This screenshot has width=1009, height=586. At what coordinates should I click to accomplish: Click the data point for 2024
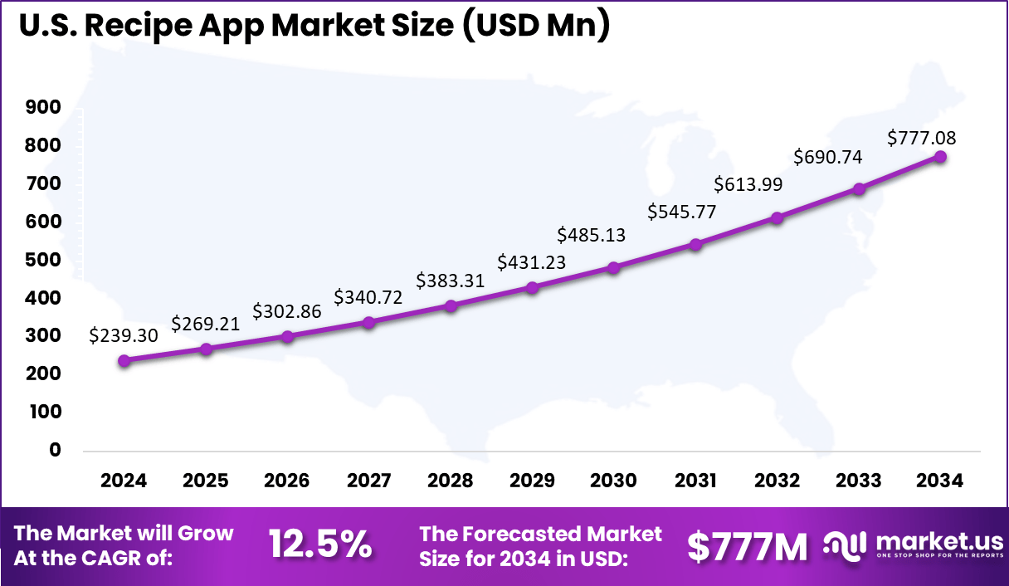coord(124,360)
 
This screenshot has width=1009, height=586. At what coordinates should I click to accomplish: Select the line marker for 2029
coord(533,287)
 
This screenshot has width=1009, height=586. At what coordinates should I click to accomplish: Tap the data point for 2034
coord(940,156)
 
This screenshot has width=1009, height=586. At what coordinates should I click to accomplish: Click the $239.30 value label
coord(124,336)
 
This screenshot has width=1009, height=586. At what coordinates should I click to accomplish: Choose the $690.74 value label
coord(828,156)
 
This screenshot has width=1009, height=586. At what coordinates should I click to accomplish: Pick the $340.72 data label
coord(368,296)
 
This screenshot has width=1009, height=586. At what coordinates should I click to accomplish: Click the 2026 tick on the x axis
coord(287,481)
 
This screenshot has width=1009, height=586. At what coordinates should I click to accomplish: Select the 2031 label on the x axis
coord(695,481)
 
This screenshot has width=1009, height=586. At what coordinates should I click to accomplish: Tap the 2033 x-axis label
coord(859,481)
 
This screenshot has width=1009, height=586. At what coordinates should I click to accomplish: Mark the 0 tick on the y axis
coord(56,450)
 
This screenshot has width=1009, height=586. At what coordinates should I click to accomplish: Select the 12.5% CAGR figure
coord(320,544)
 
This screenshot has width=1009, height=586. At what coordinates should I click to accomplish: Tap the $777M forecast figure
coord(748,545)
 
